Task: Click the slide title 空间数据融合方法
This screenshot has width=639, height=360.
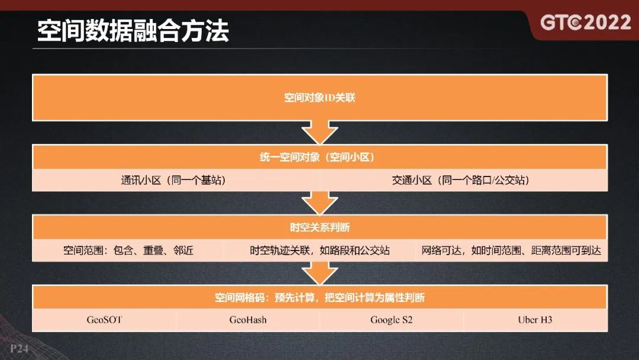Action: pyautogui.click(x=133, y=31)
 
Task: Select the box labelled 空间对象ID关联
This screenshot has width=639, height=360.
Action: pyautogui.click(x=319, y=97)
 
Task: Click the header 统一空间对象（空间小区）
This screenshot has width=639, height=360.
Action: pyautogui.click(x=319, y=157)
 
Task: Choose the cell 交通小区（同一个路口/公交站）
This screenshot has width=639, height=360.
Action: pyautogui.click(x=460, y=180)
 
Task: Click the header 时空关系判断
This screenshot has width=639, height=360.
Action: pyautogui.click(x=319, y=227)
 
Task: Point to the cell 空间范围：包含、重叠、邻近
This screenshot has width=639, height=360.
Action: pyautogui.click(x=128, y=250)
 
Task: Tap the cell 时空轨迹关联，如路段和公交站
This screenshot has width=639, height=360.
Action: pyautogui.click(x=319, y=250)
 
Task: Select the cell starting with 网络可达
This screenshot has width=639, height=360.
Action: pyautogui.click(x=511, y=250)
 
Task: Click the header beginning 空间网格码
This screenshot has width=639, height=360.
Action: pyautogui.click(x=319, y=297)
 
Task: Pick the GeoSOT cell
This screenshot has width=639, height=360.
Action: pyautogui.click(x=105, y=320)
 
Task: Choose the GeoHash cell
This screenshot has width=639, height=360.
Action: pyautogui.click(x=248, y=320)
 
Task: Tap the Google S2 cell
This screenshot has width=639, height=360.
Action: pyautogui.click(x=391, y=320)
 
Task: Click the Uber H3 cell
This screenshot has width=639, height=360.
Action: pyautogui.click(x=535, y=320)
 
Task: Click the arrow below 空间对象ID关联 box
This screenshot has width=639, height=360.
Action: pyautogui.click(x=319, y=132)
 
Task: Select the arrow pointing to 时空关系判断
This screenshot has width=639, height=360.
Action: pyautogui.click(x=319, y=203)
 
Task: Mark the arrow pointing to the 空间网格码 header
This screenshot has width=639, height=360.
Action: pyautogui.click(x=319, y=273)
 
